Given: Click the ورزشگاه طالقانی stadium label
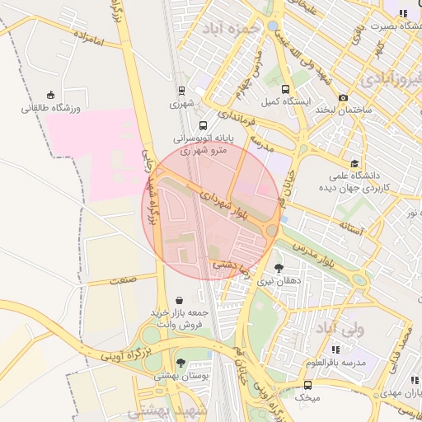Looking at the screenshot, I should (x=51, y=107).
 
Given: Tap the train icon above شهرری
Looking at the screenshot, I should (x=181, y=91).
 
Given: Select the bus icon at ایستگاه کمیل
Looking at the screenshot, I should (x=285, y=90).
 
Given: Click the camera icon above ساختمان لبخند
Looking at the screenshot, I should (x=343, y=97).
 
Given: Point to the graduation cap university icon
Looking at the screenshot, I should (x=354, y=163).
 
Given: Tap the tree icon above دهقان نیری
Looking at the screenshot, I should (x=279, y=268).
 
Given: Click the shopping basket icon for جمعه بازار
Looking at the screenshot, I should (x=181, y=301).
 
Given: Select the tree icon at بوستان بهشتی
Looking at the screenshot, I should (x=181, y=363).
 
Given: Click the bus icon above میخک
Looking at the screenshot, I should (x=307, y=385).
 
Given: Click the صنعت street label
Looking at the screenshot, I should (x=124, y=279).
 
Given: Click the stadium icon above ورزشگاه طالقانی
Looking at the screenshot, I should (x=51, y=94).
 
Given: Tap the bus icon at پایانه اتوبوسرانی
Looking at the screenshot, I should (x=204, y=126).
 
